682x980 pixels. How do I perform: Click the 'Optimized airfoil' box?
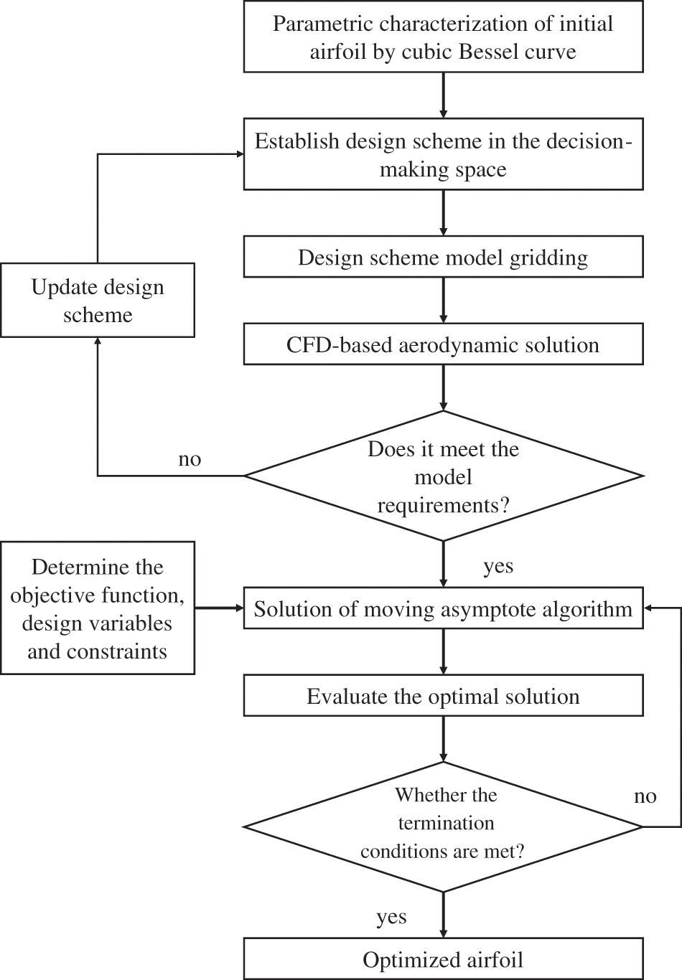[x=443, y=959]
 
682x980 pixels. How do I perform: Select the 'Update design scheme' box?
[x=98, y=300]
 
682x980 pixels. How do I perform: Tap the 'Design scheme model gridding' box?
[x=443, y=257]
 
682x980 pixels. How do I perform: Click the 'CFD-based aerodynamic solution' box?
[x=443, y=344]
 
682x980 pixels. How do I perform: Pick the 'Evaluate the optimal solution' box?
[x=443, y=696]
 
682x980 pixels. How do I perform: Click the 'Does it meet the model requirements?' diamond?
[x=443, y=476]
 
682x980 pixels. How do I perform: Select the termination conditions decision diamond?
[x=443, y=825]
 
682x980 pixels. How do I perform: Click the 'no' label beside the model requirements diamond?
[x=190, y=459]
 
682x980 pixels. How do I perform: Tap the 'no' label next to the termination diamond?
[x=645, y=796]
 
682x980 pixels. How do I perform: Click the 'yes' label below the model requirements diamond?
[x=498, y=566]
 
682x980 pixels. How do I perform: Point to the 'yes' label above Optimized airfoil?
[x=391, y=917]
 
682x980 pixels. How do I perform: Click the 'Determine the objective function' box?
[x=98, y=608]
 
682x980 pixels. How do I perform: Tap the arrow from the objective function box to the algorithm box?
[x=219, y=608]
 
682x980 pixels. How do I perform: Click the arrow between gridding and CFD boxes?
[x=443, y=300]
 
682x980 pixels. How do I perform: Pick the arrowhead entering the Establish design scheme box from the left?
[x=238, y=154]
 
